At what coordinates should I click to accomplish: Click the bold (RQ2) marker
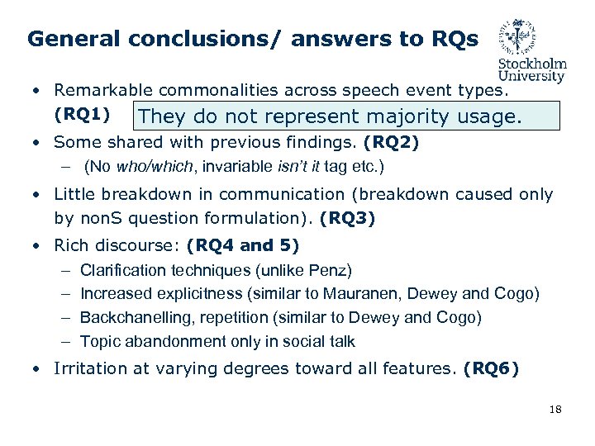click(x=391, y=143)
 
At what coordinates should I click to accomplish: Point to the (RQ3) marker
click(x=348, y=219)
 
